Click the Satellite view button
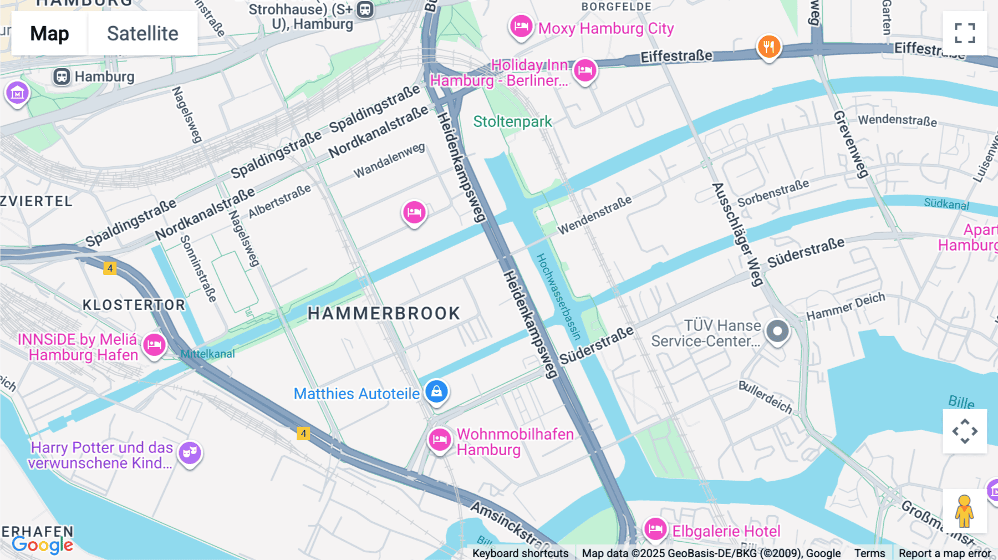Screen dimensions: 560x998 coord(142,33)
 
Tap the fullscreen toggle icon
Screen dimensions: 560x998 coord(965,33)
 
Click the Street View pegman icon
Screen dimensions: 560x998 coord(964,511)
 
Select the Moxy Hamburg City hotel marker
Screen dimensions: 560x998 coord(521,26)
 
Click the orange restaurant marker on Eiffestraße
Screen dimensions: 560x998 coord(769,47)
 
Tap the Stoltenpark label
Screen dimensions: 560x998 coord(512,121)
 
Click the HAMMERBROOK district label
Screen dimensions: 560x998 coord(384,313)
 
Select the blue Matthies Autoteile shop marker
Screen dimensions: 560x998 coord(436,391)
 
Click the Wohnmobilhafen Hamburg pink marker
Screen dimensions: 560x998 coord(440,440)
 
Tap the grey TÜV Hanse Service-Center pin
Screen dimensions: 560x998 coord(777,331)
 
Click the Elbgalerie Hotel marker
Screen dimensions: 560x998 coord(655,528)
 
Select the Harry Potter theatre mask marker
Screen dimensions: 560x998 coord(190,453)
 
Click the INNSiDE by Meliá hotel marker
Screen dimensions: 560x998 coord(154,345)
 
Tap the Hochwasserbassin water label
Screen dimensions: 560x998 coord(558,297)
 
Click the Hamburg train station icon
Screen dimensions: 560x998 coord(62,77)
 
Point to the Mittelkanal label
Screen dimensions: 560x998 coord(208,354)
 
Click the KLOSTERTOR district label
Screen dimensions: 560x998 coord(134,305)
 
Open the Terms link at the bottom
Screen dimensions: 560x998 coord(869,553)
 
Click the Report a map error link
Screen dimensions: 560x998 coord(944,553)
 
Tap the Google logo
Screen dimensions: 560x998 coord(42,544)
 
